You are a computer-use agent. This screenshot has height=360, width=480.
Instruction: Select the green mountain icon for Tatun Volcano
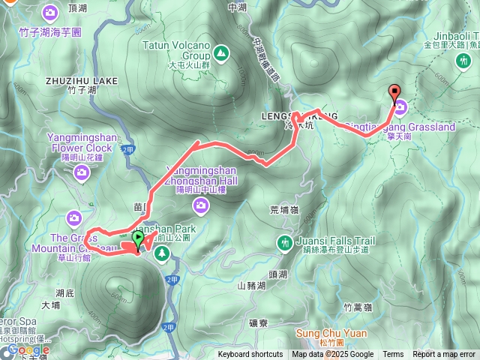pos(220,52)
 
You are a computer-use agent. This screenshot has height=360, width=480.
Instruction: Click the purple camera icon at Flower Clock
pos(82,174)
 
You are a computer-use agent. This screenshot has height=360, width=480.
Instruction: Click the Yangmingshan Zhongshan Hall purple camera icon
pos(200,205)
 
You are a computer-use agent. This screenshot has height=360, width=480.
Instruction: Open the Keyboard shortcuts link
pos(250,355)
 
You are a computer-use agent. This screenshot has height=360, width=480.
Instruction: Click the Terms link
pos(393,355)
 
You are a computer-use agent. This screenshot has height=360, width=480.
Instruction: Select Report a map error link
pos(444,355)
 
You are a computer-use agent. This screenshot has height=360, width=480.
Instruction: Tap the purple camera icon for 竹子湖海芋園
pos(50,13)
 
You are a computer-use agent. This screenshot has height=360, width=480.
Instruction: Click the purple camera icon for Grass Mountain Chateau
pos(73,218)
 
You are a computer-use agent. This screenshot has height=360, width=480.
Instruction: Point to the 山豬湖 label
pos(251,286)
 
